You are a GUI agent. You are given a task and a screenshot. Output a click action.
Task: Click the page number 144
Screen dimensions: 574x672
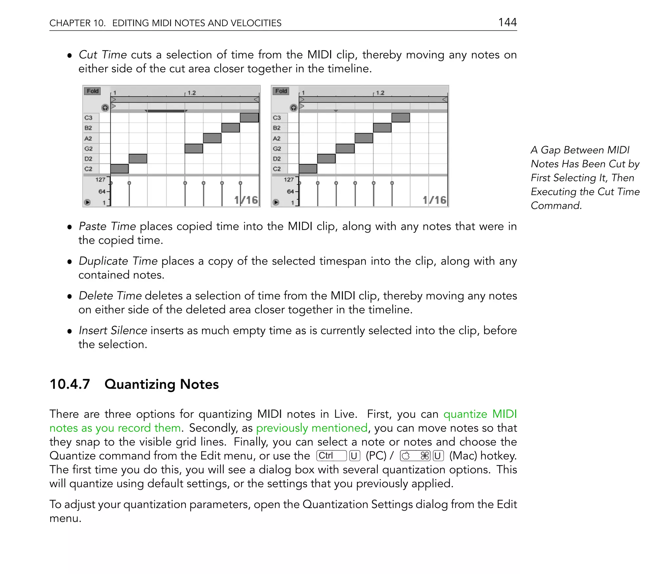[507, 22]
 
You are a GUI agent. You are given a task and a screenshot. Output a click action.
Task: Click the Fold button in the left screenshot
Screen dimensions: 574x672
[92, 91]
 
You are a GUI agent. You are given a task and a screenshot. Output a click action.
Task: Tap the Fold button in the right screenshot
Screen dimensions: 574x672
[281, 91]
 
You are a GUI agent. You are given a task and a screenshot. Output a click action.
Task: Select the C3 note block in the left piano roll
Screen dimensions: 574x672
[249, 118]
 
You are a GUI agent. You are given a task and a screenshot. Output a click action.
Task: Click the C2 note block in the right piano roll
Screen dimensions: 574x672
[308, 169]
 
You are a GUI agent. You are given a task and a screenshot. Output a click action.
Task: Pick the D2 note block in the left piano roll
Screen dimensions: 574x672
[138, 159]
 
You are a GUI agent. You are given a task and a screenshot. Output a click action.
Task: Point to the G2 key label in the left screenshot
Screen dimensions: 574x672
[89, 149]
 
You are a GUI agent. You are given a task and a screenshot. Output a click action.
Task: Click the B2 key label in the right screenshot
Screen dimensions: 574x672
[277, 128]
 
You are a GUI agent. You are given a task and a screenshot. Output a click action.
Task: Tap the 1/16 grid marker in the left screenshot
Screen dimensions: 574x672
[246, 200]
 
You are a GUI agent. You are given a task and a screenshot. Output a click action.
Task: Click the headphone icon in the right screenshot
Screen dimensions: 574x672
[294, 108]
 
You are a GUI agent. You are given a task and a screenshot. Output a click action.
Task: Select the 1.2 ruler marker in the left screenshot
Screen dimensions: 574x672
[191, 93]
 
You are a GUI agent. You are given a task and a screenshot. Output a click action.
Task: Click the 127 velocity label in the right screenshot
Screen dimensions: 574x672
[288, 180]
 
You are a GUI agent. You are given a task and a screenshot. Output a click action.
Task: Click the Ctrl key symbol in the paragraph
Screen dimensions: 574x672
[331, 456]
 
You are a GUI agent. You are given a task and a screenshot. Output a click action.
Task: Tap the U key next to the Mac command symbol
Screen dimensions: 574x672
[438, 456]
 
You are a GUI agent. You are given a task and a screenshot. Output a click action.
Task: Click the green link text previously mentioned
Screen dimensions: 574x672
[311, 428]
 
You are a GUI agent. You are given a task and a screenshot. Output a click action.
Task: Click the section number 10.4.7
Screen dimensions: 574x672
[70, 384]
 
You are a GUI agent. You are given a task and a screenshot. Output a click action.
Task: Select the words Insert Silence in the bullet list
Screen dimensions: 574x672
[113, 330]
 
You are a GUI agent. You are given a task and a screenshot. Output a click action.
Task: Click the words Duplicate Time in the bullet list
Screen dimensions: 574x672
[118, 261]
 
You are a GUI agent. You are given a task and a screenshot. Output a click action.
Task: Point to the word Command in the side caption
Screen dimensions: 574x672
[556, 206]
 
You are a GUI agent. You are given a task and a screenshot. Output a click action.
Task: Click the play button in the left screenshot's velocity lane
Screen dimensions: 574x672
[87, 202]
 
